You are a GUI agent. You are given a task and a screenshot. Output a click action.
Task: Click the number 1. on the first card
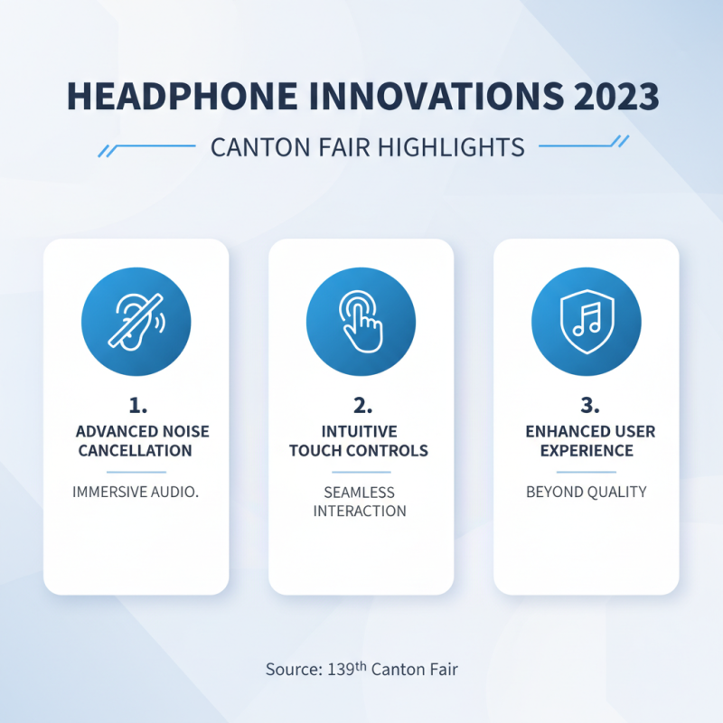136,403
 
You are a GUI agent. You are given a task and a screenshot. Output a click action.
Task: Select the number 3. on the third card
586,403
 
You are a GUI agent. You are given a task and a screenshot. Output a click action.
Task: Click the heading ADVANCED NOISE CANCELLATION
136,440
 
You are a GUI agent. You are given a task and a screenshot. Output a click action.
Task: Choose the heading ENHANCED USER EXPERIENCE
586,440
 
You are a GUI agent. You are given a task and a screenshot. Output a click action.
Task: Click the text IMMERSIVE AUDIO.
136,493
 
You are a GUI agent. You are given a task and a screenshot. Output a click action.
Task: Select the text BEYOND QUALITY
586,493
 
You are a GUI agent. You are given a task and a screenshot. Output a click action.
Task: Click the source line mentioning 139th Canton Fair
361,670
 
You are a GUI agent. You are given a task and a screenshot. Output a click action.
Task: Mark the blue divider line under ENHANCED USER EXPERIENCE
586,472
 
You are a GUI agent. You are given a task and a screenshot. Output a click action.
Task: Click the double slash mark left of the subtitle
106,147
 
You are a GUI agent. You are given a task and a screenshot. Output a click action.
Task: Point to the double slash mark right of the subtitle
620,141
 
